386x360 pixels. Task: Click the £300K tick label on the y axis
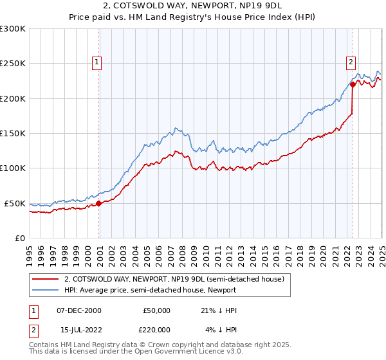(13, 29)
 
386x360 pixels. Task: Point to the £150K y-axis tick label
(13, 133)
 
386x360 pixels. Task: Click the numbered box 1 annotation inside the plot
(96, 62)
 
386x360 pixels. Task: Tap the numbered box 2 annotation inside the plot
(351, 62)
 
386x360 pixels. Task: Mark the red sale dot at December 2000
(99, 203)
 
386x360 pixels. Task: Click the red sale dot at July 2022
(353, 84)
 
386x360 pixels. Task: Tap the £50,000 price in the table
(158, 310)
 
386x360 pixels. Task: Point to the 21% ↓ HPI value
(219, 310)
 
